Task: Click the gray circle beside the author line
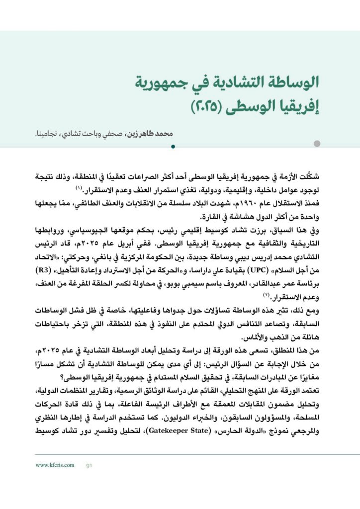pos(317,144)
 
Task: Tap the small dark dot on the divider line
pos(173,147)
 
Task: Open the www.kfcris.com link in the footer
pos(55,465)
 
